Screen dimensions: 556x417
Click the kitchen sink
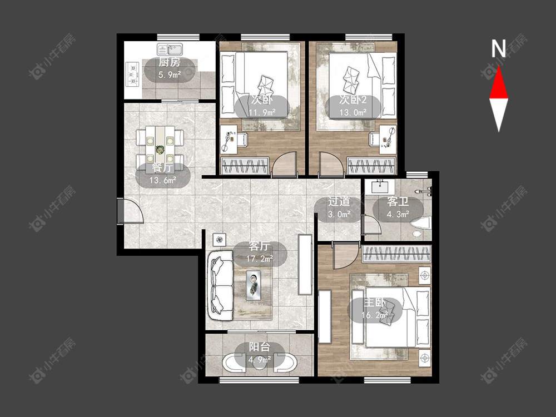click(170, 49)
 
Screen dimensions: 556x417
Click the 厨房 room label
click(169, 62)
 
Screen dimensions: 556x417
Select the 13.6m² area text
click(163, 180)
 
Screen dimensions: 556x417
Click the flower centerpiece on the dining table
click(160, 150)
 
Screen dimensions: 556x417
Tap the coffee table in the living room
click(254, 285)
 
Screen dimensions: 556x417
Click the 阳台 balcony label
click(259, 347)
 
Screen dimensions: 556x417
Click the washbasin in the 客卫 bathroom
click(382, 186)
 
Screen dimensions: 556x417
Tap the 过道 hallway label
click(339, 202)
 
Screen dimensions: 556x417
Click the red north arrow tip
click(499, 66)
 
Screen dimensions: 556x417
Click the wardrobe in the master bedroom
click(396, 254)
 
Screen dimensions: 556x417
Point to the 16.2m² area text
click(374, 315)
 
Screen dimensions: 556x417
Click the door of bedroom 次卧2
click(331, 164)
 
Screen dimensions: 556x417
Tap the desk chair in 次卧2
click(374, 139)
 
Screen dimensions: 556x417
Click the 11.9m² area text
click(262, 113)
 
